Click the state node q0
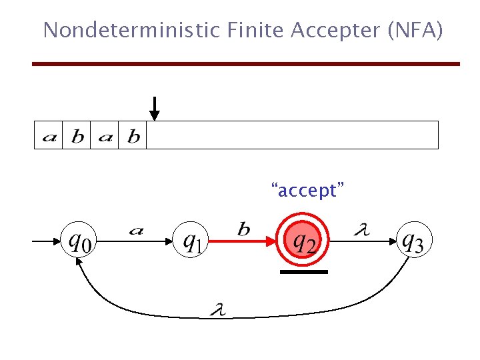pos(79,241)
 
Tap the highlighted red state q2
pos(304,241)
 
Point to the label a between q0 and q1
pos(136,231)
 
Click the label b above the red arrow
pos(244,229)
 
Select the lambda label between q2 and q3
pos(361,230)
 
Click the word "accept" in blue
pos(307,191)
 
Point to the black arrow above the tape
pos(154,108)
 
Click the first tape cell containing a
pos(49,137)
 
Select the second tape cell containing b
pos(77,137)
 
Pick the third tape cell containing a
pos(105,137)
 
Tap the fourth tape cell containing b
pos(133,137)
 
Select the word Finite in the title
pos(243,31)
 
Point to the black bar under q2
pos(304,272)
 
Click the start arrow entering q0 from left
pos(47,241)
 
